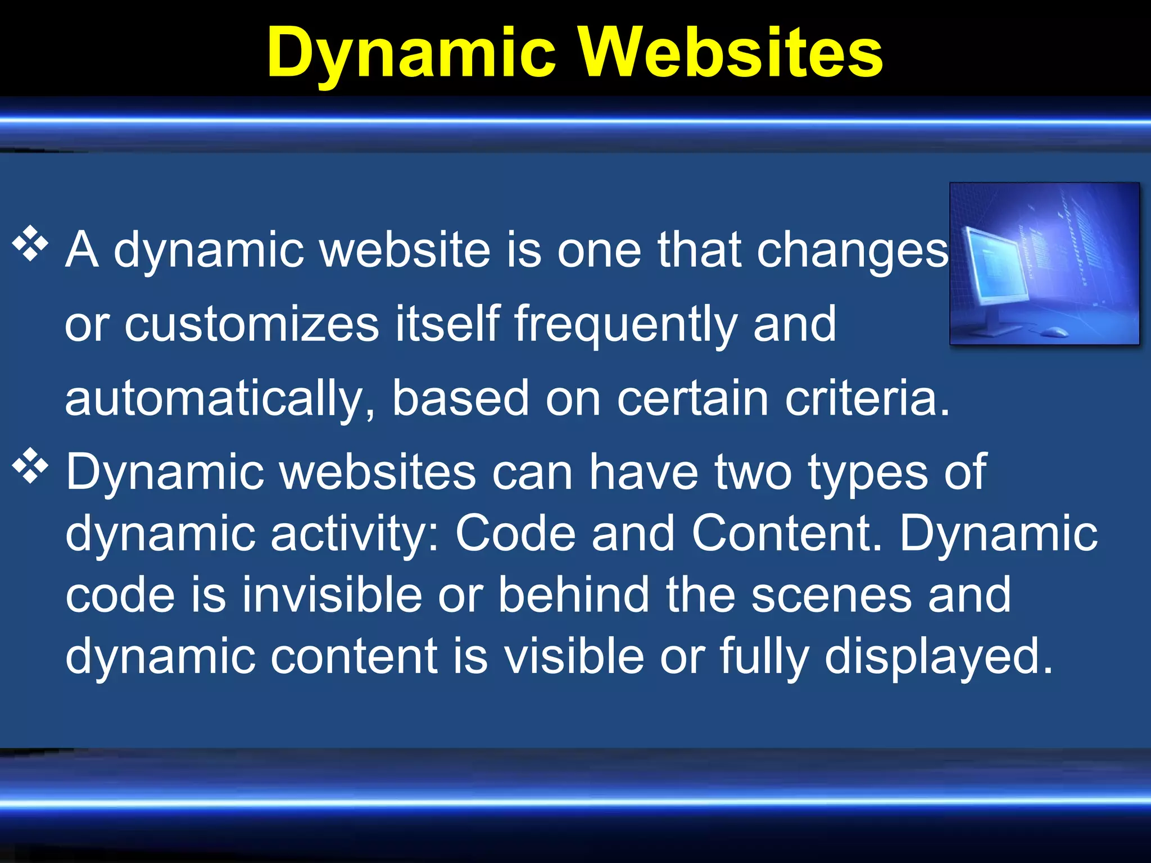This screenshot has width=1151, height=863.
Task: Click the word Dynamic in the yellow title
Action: (x=412, y=53)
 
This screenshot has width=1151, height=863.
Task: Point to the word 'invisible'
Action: (x=332, y=594)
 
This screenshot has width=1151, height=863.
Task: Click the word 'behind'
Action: (x=573, y=594)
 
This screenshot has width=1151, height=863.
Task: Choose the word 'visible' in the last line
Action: (x=573, y=656)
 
